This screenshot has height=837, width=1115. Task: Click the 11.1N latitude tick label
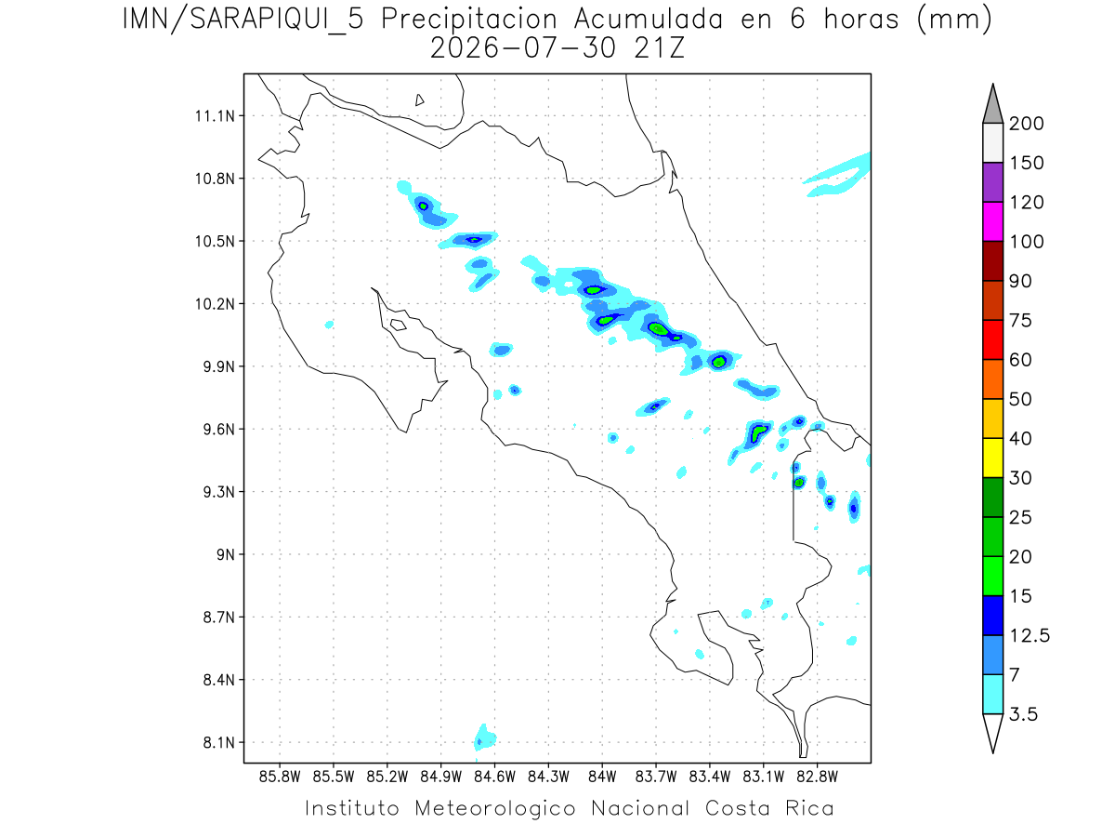tap(215, 116)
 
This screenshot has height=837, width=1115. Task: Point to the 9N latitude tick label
tap(225, 554)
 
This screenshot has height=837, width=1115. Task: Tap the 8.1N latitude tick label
tap(218, 742)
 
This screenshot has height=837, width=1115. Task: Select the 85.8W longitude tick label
tap(280, 777)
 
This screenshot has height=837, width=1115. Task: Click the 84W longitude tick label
tap(602, 777)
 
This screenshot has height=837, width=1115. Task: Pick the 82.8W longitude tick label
tap(817, 777)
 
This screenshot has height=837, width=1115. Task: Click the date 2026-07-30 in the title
tap(523, 48)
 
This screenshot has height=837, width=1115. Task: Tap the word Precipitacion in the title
tap(469, 20)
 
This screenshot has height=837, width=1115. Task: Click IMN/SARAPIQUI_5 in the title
tap(243, 20)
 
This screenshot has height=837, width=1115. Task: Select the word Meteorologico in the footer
tap(494, 809)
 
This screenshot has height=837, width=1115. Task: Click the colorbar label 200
tap(1026, 124)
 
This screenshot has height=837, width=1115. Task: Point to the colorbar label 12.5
tap(1030, 636)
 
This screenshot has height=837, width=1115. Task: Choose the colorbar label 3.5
tap(1023, 714)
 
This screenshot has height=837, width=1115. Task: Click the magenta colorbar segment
tap(992, 221)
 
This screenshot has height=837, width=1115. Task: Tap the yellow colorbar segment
tap(992, 458)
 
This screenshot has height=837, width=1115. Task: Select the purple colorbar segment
tap(992, 182)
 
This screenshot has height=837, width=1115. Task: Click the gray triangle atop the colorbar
tap(992, 108)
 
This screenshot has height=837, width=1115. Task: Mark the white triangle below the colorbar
tap(992, 730)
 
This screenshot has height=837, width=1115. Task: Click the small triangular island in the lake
tap(419, 100)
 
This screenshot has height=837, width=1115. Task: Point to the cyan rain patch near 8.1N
tap(485, 737)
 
